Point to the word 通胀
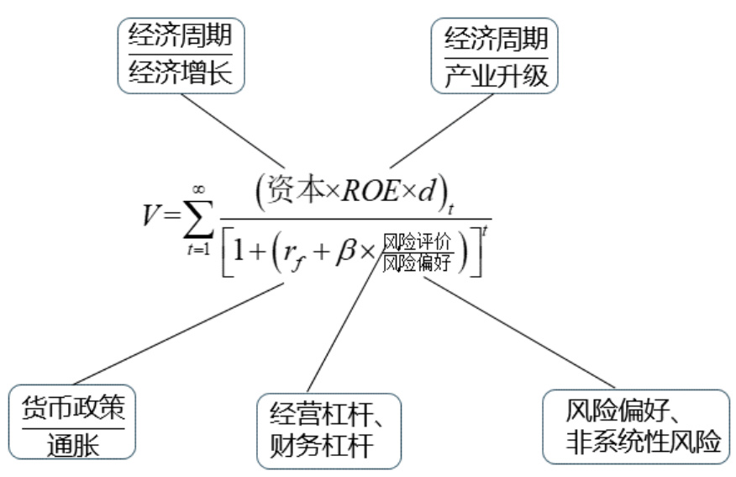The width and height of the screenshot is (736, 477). click(x=73, y=443)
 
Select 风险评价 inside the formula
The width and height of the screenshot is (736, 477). click(x=417, y=242)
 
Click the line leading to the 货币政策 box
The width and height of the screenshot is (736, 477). click(x=176, y=333)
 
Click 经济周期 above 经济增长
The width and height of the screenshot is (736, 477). click(x=180, y=38)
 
